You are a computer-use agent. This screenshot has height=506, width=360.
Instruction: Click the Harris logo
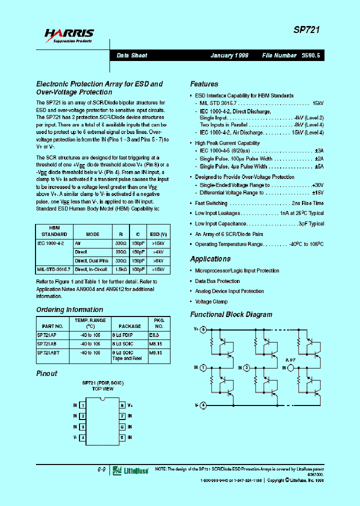click(68, 35)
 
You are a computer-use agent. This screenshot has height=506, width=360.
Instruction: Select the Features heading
click(204, 84)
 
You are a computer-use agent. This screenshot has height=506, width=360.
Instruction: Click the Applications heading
click(210, 258)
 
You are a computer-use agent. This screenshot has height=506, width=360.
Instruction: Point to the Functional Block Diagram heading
click(231, 314)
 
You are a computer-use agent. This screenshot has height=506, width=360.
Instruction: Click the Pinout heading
click(47, 373)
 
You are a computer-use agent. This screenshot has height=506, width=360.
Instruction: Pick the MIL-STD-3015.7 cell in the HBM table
click(53, 269)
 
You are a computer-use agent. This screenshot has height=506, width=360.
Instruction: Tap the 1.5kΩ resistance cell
click(120, 269)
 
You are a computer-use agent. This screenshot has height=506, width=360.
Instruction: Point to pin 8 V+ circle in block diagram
click(203, 330)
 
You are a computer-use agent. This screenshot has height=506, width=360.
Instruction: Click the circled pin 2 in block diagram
click(246, 368)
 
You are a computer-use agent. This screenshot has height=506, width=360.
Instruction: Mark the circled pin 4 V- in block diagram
click(203, 405)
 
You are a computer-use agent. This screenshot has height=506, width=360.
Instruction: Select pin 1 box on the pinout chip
click(82, 405)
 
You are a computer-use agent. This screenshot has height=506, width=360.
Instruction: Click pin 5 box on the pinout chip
click(121, 437)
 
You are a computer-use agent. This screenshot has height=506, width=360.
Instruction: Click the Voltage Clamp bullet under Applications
click(211, 301)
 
